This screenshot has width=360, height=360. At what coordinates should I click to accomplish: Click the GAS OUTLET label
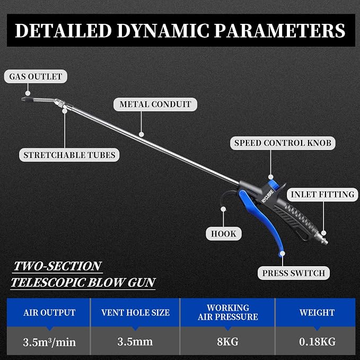click(x=36, y=76)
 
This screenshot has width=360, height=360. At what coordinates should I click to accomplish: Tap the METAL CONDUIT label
click(x=155, y=104)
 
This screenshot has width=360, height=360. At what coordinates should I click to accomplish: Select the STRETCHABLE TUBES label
click(x=69, y=155)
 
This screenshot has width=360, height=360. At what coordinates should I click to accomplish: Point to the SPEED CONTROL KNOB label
click(x=283, y=143)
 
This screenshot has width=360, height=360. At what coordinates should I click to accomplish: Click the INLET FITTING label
click(x=322, y=195)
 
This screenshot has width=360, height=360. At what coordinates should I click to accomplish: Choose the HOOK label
click(x=224, y=234)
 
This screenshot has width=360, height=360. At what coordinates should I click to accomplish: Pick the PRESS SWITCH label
click(x=294, y=273)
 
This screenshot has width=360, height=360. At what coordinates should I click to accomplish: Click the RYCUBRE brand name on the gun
click(x=268, y=196)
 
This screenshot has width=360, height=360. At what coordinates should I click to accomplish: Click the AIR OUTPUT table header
click(x=49, y=312)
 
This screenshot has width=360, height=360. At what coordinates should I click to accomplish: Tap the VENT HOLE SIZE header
click(x=135, y=312)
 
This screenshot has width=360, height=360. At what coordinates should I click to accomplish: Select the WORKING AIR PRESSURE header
click(x=228, y=312)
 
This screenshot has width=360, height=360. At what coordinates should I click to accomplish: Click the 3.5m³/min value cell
click(x=49, y=342)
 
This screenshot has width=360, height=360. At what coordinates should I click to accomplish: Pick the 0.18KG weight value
click(x=317, y=341)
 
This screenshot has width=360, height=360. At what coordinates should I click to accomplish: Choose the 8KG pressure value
click(x=227, y=341)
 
